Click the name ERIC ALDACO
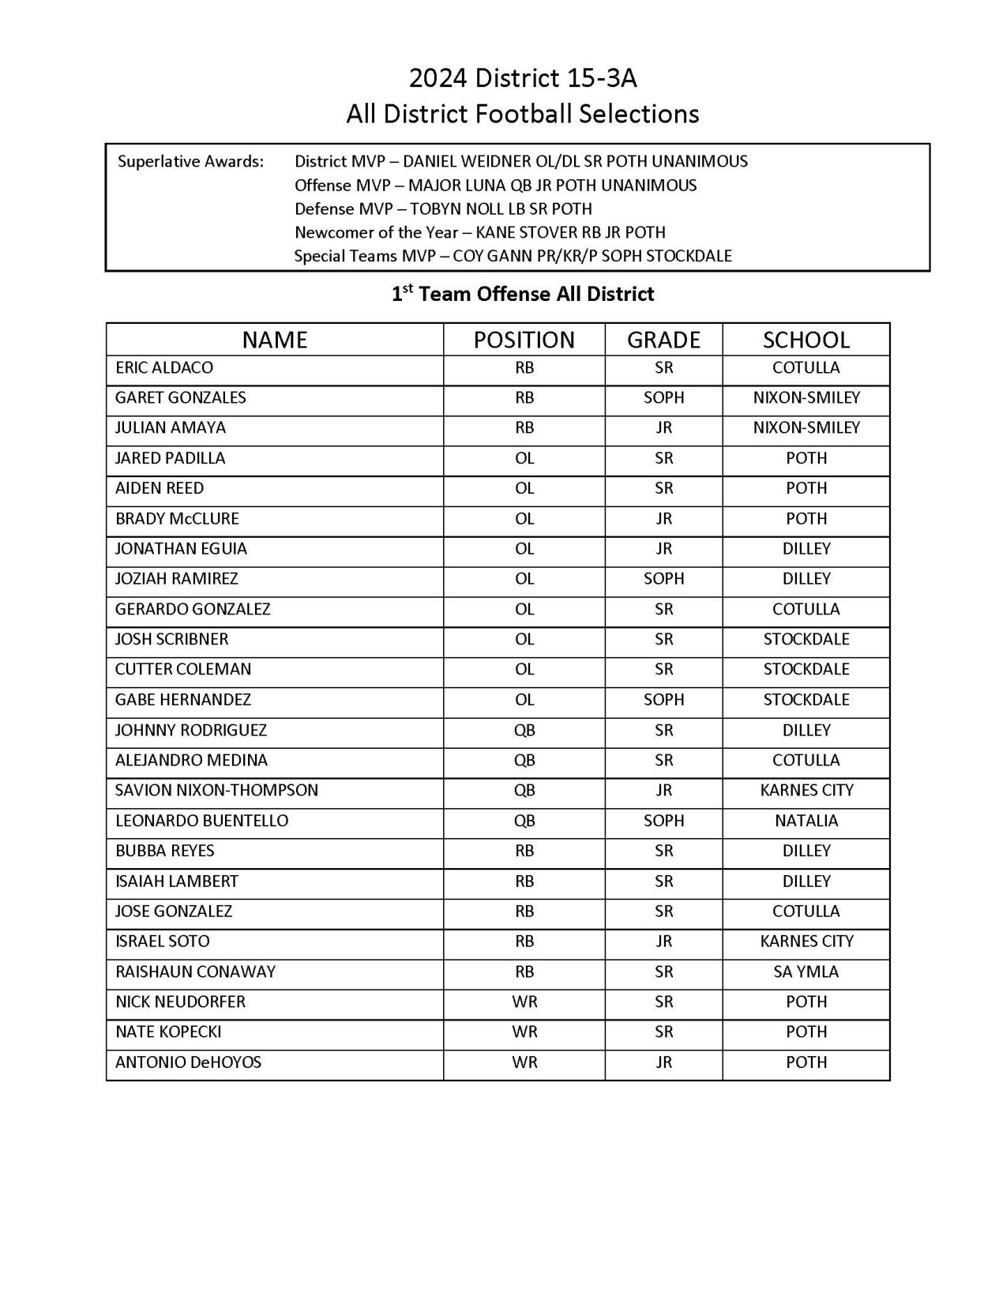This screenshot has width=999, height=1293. point(163,368)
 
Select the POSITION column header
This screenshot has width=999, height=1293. point(524,340)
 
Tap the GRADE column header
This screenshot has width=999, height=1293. point(663,340)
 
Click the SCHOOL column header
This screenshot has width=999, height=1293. point(806,340)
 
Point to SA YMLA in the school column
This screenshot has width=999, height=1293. point(806,972)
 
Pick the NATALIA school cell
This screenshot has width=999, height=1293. point(806,821)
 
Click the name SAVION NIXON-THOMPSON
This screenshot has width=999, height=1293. point(216,791)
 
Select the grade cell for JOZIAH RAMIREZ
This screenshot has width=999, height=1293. point(663,579)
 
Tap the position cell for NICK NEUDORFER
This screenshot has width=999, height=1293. point(524,1002)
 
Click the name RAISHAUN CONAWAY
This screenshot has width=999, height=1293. point(195,972)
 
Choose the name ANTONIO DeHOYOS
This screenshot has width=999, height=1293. point(188,1062)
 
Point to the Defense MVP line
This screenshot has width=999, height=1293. point(443,209)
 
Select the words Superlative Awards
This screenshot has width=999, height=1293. point(190,162)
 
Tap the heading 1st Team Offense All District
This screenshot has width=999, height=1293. point(523,295)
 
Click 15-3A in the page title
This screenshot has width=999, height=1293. point(599,78)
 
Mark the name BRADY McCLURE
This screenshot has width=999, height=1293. point(177,519)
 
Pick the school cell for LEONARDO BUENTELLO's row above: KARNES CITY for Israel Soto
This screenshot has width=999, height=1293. point(806,942)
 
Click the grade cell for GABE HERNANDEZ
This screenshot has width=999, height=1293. point(663,700)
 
